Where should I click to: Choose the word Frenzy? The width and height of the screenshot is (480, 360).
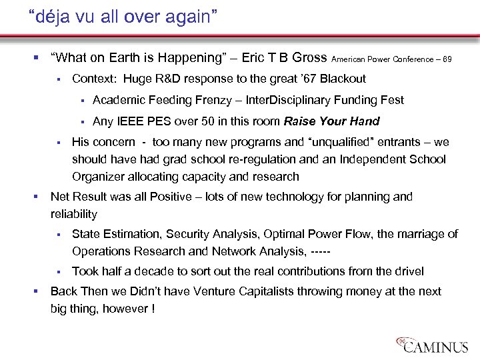point(211,101)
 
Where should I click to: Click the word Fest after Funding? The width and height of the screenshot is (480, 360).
point(391,101)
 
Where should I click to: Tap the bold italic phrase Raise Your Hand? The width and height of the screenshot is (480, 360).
point(331,121)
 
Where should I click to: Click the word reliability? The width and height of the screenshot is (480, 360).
point(74,215)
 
